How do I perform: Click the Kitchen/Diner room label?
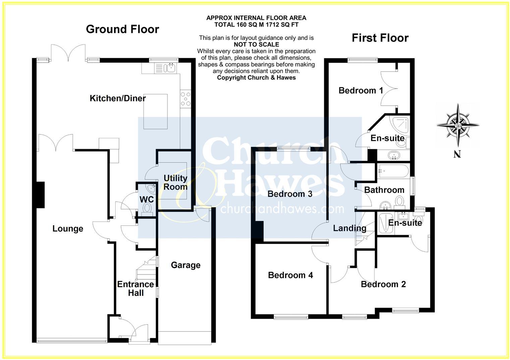pos(118,98)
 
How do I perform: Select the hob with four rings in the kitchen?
pos(185,99)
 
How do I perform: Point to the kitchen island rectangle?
pos(156,111)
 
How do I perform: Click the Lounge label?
pos(68,229)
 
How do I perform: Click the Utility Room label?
pos(175,182)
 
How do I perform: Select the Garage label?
pos(185,265)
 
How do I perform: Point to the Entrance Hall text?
pos(135,289)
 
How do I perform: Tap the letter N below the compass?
pos(457,154)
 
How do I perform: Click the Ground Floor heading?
pos(122,29)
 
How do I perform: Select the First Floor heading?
pos(380,38)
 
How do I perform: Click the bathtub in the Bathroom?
pos(393,171)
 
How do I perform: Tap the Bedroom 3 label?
pos(290,194)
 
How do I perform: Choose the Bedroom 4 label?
pos(290,275)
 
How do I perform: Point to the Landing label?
pos(349,228)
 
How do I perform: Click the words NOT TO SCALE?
pos(256,44)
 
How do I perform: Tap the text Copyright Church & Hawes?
pos(256,78)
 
